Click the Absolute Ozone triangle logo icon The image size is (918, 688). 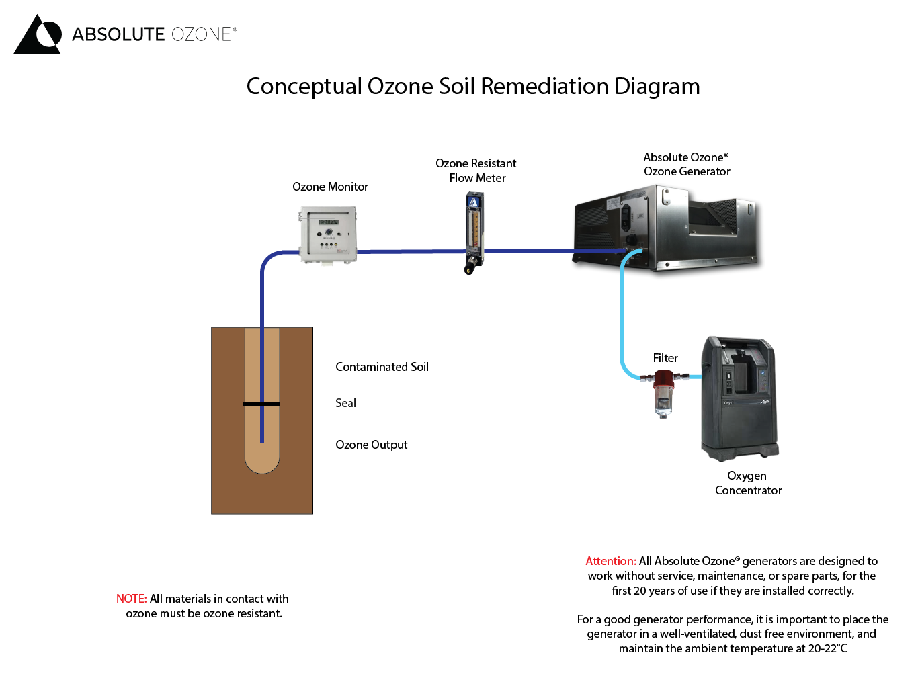(x=38, y=35)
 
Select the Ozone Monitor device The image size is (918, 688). (x=328, y=235)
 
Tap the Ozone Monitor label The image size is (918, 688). (x=330, y=187)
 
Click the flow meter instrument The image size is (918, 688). (x=474, y=232)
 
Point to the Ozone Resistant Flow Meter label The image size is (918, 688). (x=476, y=171)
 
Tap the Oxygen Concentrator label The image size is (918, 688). (x=748, y=483)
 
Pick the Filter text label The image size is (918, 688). (x=665, y=358)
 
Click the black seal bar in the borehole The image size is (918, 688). (x=261, y=404)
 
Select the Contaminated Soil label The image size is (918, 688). (x=382, y=367)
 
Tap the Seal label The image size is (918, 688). (x=345, y=403)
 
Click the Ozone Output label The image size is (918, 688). (x=371, y=445)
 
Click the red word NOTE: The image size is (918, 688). (x=131, y=599)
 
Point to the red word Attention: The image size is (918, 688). (x=610, y=561)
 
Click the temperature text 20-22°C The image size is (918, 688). (x=827, y=648)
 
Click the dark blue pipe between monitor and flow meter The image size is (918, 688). (x=410, y=251)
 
